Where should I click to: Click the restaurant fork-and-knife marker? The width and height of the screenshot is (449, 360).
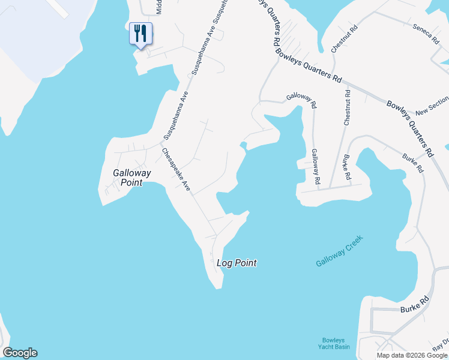point(141,34)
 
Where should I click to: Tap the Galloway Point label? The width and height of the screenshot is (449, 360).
point(132,178)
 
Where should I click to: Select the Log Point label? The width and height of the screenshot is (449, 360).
point(237,263)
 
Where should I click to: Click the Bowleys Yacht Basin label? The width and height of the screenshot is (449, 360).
point(334,343)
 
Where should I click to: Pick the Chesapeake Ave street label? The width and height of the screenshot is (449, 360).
point(175,170)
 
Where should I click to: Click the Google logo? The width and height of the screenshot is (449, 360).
point(20,353)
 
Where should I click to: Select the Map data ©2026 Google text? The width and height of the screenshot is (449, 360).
point(412,355)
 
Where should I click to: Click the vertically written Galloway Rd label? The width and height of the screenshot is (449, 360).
point(316,167)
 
